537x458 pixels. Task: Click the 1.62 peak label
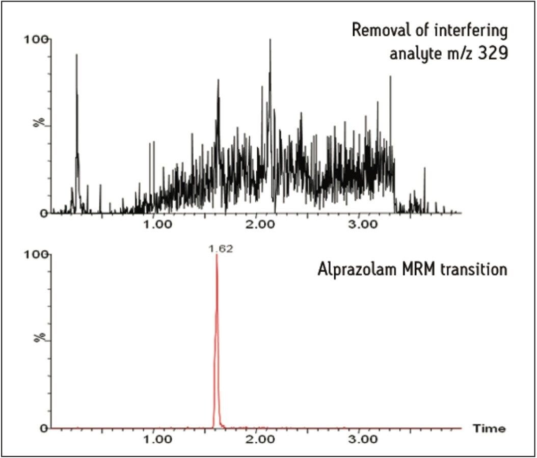tap(218, 249)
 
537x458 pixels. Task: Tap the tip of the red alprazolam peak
tap(217, 255)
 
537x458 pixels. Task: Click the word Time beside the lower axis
tap(489, 428)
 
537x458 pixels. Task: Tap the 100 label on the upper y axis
tap(34, 39)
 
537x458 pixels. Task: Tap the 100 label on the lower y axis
tap(34, 255)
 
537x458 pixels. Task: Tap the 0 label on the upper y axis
tap(44, 213)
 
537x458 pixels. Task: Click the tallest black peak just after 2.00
tap(270, 40)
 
